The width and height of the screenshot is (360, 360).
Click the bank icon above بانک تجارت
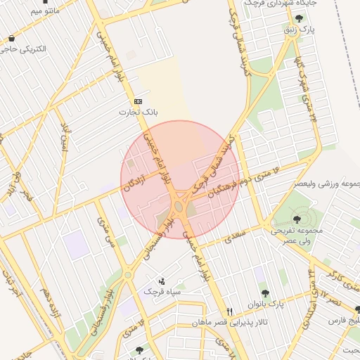coord(137,101)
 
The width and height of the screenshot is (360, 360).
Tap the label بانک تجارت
coord(138,112)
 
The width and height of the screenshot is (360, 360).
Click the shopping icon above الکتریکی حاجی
coord(11,39)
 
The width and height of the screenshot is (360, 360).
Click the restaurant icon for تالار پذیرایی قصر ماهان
coord(229,311)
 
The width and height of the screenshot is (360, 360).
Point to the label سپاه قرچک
coord(162,291)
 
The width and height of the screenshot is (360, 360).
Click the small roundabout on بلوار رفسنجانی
coord(128,274)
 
